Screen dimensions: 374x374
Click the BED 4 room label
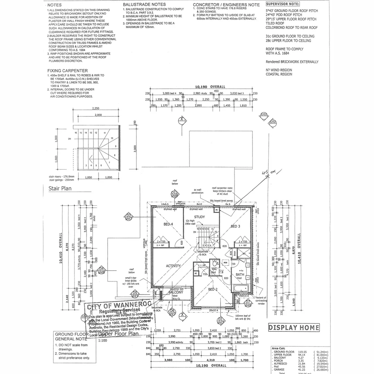168,224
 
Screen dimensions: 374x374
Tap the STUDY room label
199,217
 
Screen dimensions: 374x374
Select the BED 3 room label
235,226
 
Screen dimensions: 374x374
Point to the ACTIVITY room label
173,266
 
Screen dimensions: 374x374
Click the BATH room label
240,275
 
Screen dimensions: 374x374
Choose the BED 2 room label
212,289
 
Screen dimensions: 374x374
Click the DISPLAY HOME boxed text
294,328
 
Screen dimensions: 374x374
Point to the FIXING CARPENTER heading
68,71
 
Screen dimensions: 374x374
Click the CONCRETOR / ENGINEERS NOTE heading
226,5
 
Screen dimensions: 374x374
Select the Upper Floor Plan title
118,334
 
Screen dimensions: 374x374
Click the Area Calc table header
278,348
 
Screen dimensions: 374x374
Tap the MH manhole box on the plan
225,263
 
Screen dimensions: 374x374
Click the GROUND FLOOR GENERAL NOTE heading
69,337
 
